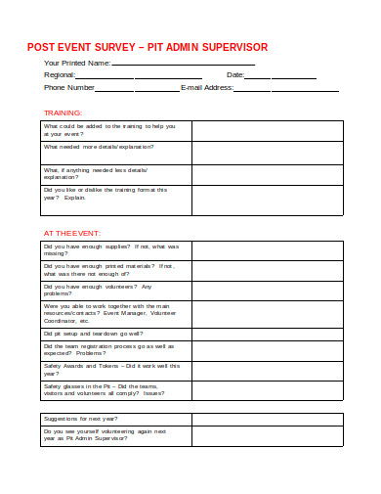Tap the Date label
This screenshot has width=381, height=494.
coord(235,75)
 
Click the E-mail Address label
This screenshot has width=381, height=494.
coord(207,88)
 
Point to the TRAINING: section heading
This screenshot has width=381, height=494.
coord(63,112)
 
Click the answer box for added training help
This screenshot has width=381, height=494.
coord(281,131)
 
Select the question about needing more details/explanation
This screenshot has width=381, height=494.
coord(98,147)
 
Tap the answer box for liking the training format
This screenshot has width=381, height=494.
coord(281,201)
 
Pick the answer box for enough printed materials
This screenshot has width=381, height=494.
coord(281,270)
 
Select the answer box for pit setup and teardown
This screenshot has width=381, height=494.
coord(281,332)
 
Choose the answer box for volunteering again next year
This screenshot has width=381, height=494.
coord(281,435)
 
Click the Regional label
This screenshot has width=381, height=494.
coord(60,75)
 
